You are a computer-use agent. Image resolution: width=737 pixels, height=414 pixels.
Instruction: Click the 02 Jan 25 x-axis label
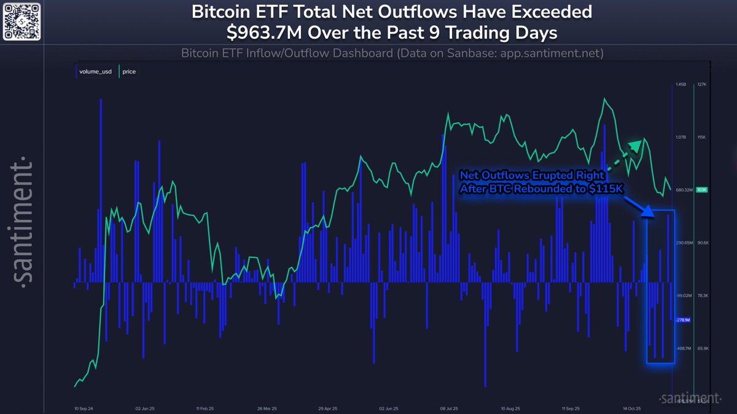pyautogui.click(x=146, y=407)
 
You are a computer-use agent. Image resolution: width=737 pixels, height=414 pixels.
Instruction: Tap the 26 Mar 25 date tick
pyautogui.click(x=268, y=407)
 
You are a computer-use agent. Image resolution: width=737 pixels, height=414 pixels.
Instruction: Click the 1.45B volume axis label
pyautogui.click(x=680, y=84)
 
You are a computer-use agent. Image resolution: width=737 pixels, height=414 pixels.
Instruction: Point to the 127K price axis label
pyautogui.click(x=703, y=84)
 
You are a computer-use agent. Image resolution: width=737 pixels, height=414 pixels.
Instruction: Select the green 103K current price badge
pyautogui.click(x=702, y=190)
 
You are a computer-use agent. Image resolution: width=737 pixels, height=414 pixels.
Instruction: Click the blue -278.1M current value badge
pyautogui.click(x=683, y=320)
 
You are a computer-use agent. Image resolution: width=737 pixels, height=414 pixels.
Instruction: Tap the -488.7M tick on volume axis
pyautogui.click(x=683, y=348)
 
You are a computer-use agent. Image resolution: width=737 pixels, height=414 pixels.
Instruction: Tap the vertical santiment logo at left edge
pyautogui.click(x=23, y=221)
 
